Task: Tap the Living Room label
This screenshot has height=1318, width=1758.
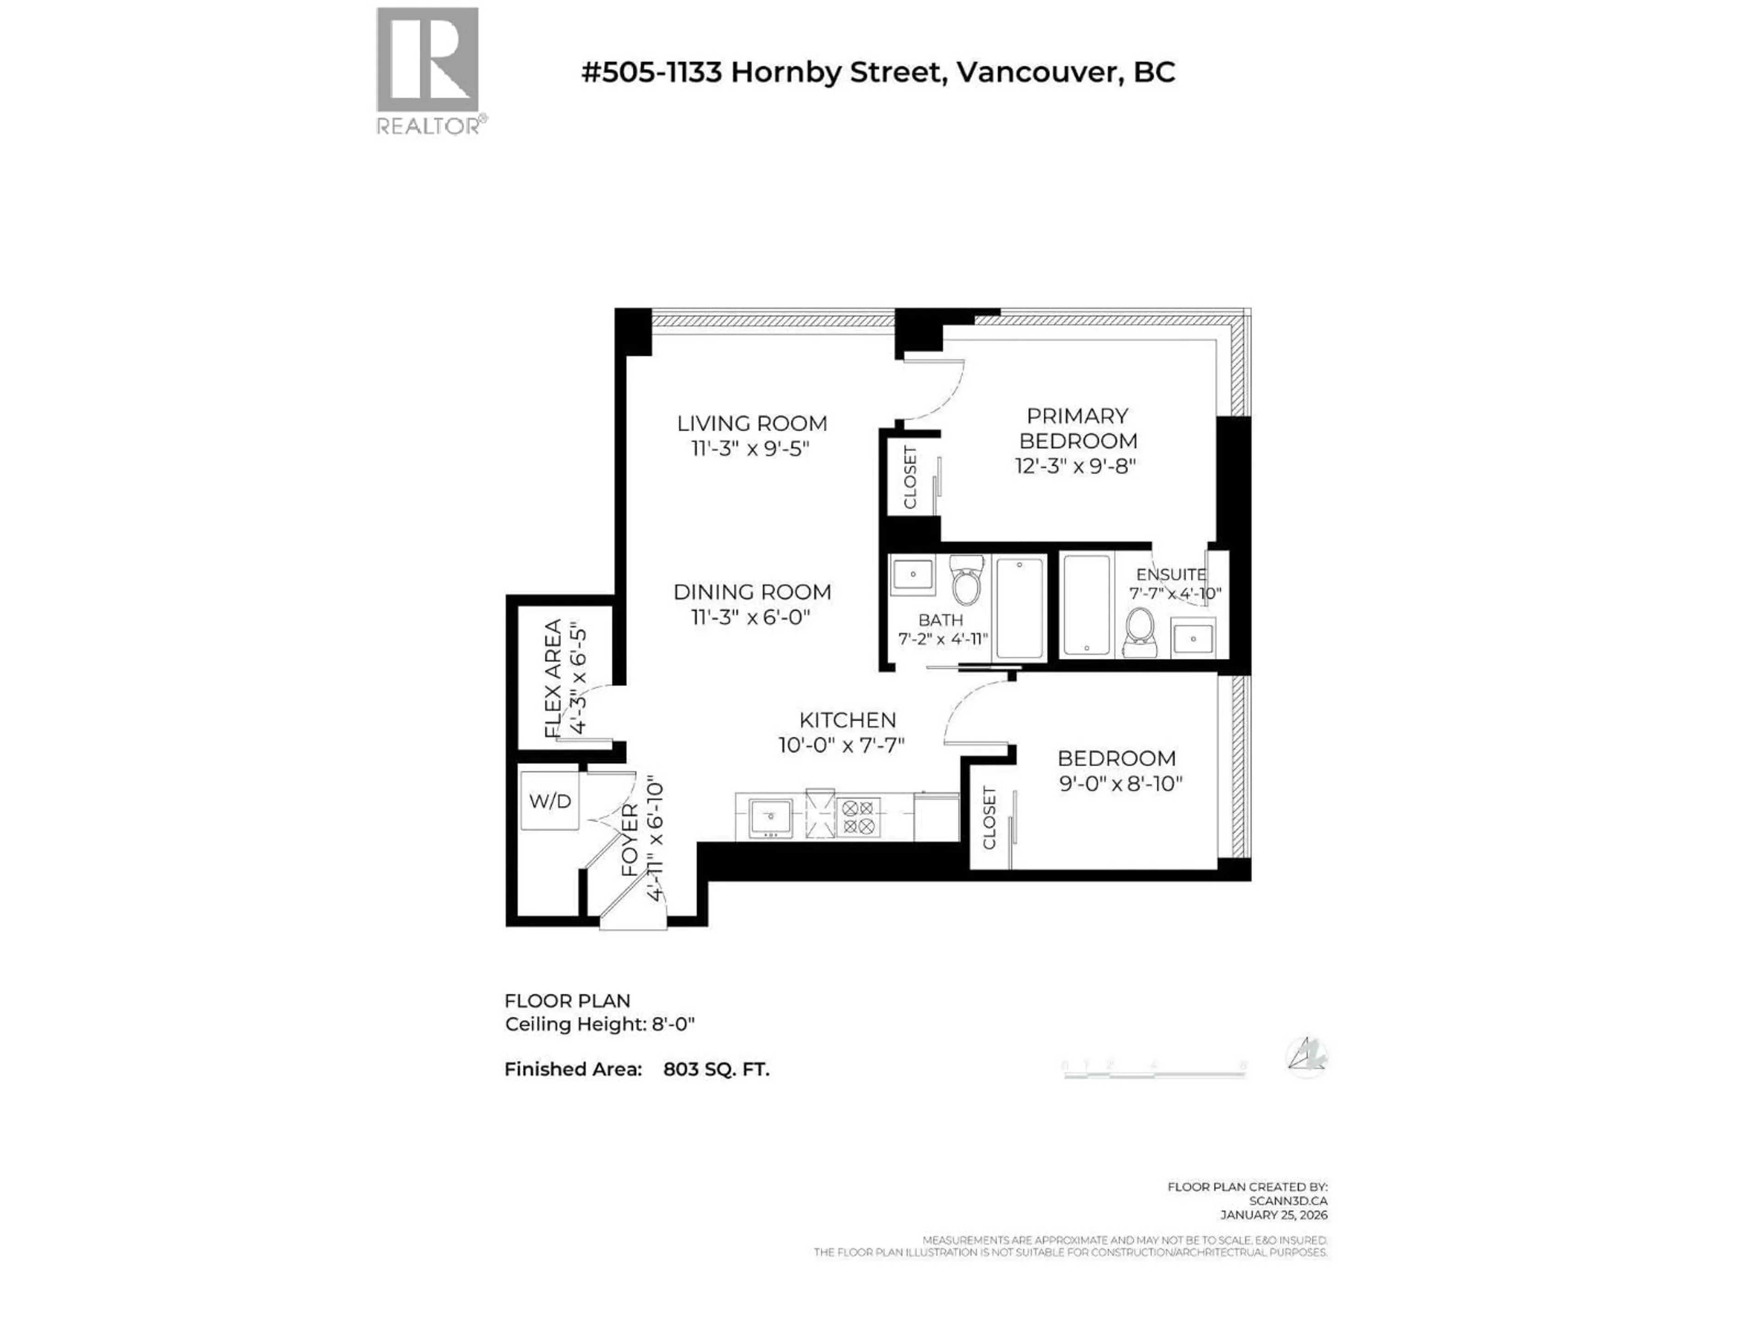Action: tap(751, 423)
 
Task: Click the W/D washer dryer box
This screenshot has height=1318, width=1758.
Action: tap(550, 801)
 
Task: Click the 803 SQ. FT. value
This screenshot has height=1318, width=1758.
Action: tap(716, 1070)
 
